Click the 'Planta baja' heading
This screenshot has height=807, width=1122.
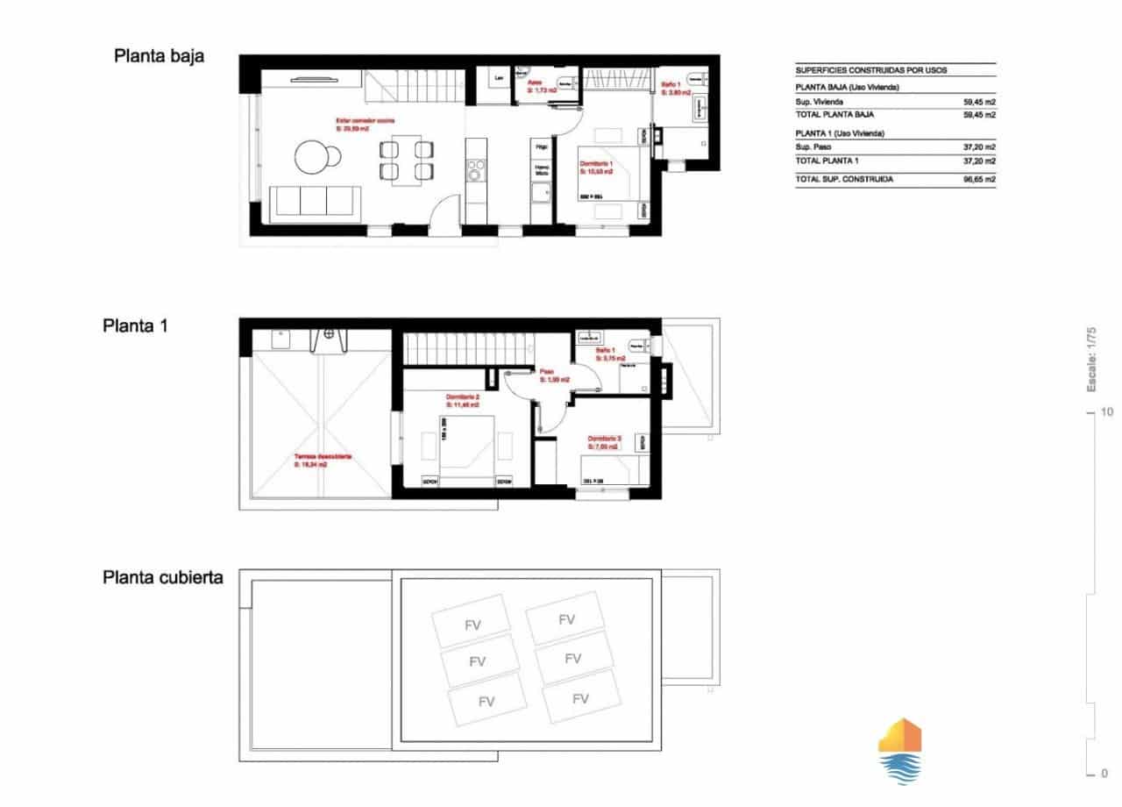point(159,56)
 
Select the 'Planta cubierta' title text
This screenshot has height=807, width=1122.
point(163,577)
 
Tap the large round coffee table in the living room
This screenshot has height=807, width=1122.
point(310,158)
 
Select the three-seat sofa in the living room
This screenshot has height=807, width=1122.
point(316,201)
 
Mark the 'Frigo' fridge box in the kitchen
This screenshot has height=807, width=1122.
point(542,147)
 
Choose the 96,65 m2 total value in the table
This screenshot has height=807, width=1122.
point(978,179)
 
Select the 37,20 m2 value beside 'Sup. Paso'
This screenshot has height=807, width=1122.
point(978,147)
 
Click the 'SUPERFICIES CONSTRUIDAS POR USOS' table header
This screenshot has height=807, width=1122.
point(870,70)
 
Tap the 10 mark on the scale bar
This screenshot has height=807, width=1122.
point(1107,411)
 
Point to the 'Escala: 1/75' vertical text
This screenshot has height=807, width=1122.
point(1091,359)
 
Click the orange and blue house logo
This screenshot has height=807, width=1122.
point(899,750)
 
